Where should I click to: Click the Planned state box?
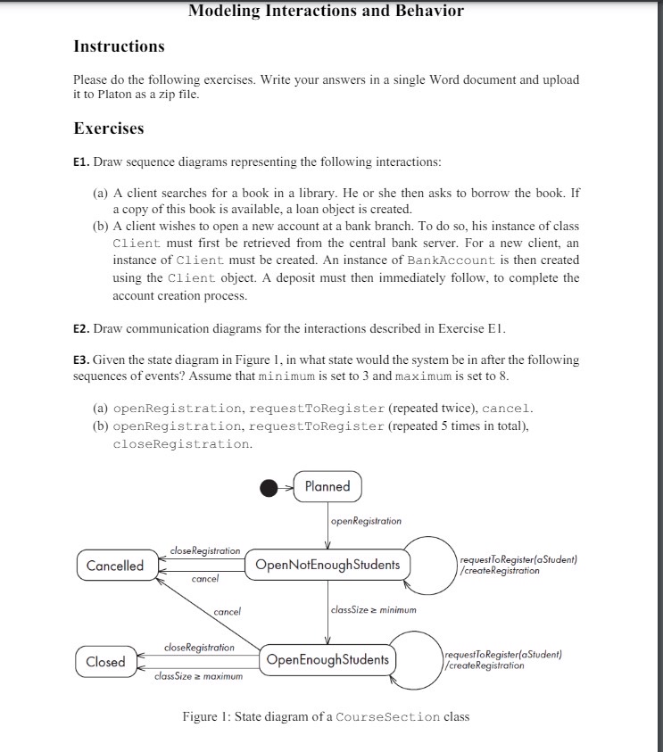327,487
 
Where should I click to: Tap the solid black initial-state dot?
269,487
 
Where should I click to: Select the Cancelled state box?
115,566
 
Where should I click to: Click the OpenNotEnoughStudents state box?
327,565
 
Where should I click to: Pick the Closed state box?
105,661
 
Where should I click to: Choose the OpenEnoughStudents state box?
327,660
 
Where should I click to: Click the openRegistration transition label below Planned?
366,521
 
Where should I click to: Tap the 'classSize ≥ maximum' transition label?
198,677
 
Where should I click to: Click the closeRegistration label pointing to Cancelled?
205,551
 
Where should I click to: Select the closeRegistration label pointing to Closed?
200,647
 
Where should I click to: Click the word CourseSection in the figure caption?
387,717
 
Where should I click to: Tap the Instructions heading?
119,45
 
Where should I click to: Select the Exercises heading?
108,128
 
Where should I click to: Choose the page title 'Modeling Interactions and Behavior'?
327,11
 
